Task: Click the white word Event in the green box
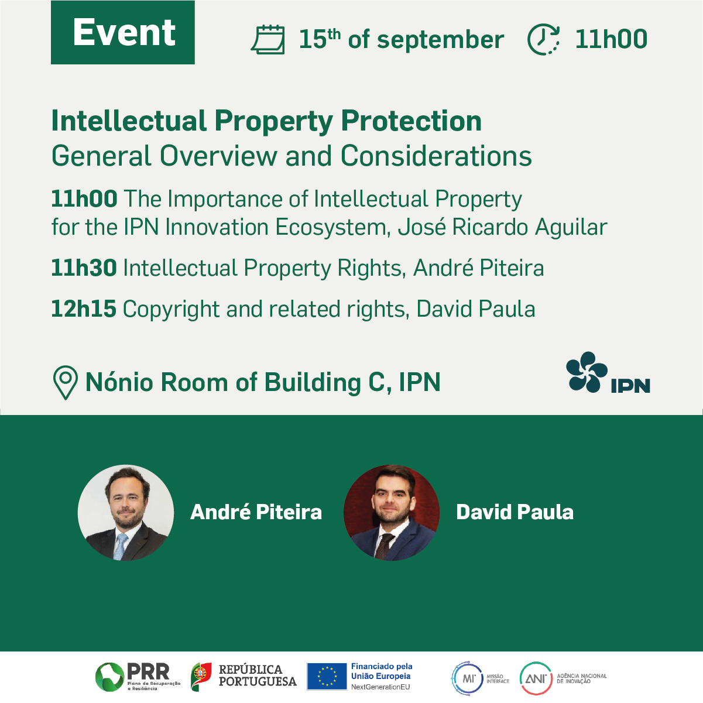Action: pos(124,32)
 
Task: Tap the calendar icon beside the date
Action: pos(268,39)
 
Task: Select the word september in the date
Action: pos(441,40)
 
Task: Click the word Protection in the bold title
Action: pos(411,121)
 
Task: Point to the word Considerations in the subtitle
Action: pos(436,156)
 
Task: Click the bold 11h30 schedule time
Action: pos(84,268)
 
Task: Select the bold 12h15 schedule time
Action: pos(84,308)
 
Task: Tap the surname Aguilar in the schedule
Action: pos(571,228)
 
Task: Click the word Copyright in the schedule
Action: pos(171,310)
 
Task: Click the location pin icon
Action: pos(66,383)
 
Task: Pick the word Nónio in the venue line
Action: pos(121,382)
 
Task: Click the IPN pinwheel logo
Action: pos(587,372)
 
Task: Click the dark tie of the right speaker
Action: pos(385,546)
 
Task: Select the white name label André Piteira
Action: pos(256,512)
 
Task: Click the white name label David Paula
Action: pos(515,512)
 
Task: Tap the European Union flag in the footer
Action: pos(327,677)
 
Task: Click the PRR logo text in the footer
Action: pos(148,671)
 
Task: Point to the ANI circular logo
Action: pos(536,678)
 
